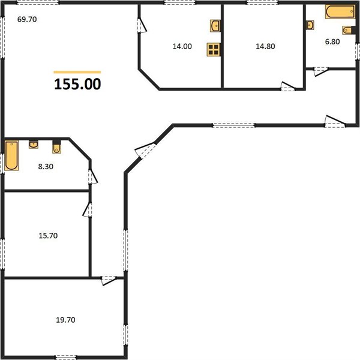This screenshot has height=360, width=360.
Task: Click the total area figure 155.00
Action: [x=77, y=84]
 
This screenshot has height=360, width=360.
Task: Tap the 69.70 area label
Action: [x=27, y=19]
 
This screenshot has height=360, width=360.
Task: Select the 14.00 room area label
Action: [x=182, y=46]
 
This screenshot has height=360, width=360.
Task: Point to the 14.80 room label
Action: [x=265, y=46]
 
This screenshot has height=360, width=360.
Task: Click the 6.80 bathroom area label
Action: [x=332, y=41]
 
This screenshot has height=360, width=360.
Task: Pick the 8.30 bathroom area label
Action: [x=46, y=166]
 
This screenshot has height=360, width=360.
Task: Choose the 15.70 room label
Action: [x=48, y=236]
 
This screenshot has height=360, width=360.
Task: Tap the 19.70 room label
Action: [x=65, y=320]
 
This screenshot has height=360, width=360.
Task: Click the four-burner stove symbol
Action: [x=214, y=50]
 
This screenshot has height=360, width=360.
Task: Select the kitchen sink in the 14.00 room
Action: [x=215, y=26]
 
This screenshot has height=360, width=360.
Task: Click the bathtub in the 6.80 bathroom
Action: [x=340, y=12]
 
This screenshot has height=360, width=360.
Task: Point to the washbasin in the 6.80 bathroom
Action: [x=310, y=25]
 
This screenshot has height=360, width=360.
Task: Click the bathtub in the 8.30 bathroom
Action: [x=11, y=155]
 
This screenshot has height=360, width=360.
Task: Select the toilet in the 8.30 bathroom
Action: [x=56, y=146]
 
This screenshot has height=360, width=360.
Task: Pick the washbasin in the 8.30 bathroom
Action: [x=34, y=145]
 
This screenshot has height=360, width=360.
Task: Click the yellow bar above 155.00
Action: [x=77, y=72]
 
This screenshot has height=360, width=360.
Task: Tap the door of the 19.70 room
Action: [x=109, y=280]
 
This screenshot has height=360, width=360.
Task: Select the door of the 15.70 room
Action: [x=88, y=209]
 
